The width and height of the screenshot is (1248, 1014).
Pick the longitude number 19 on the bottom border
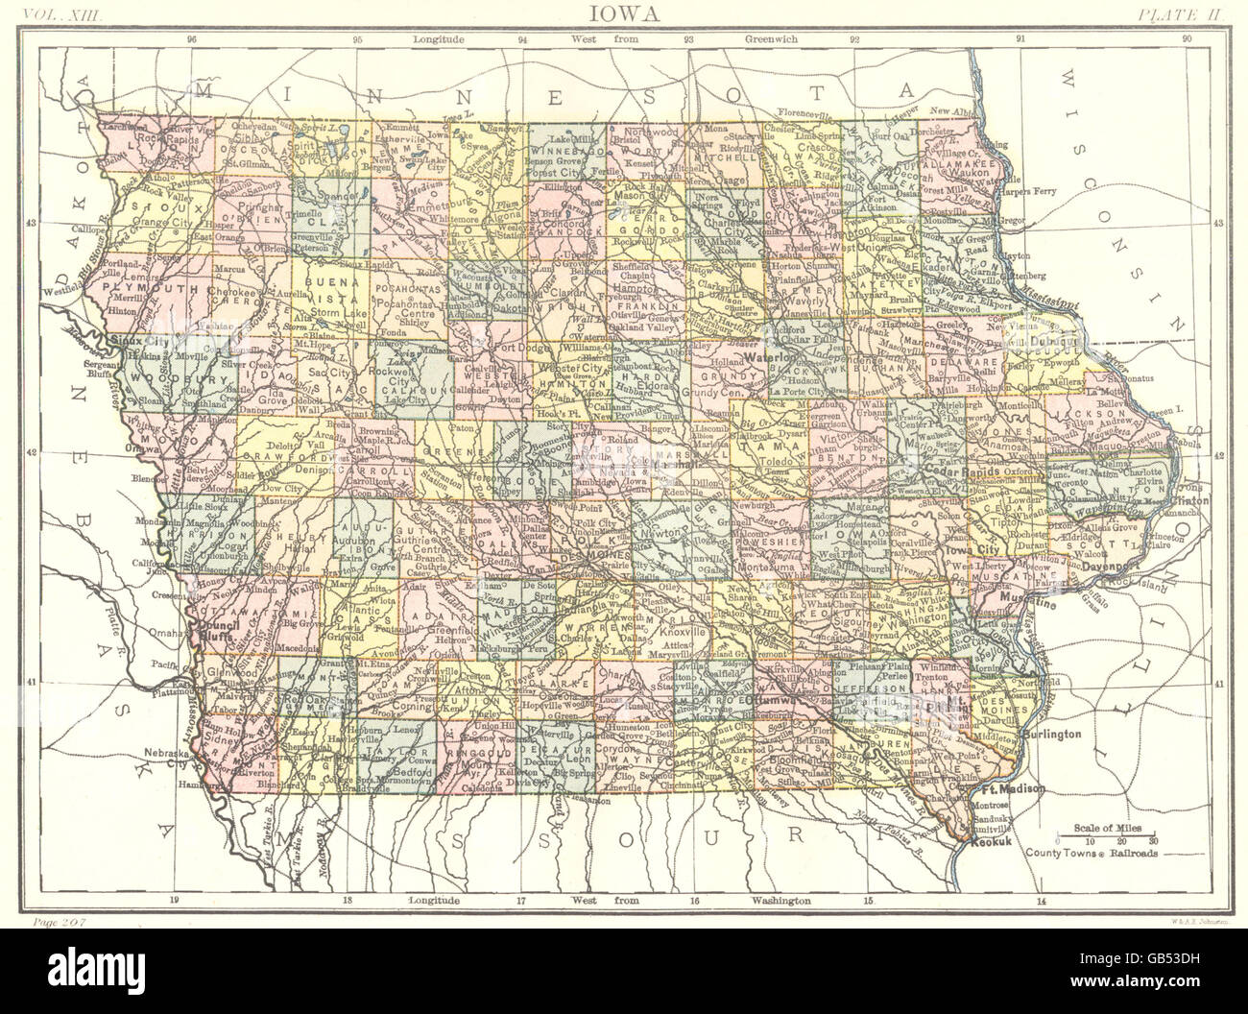pos(174,902)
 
